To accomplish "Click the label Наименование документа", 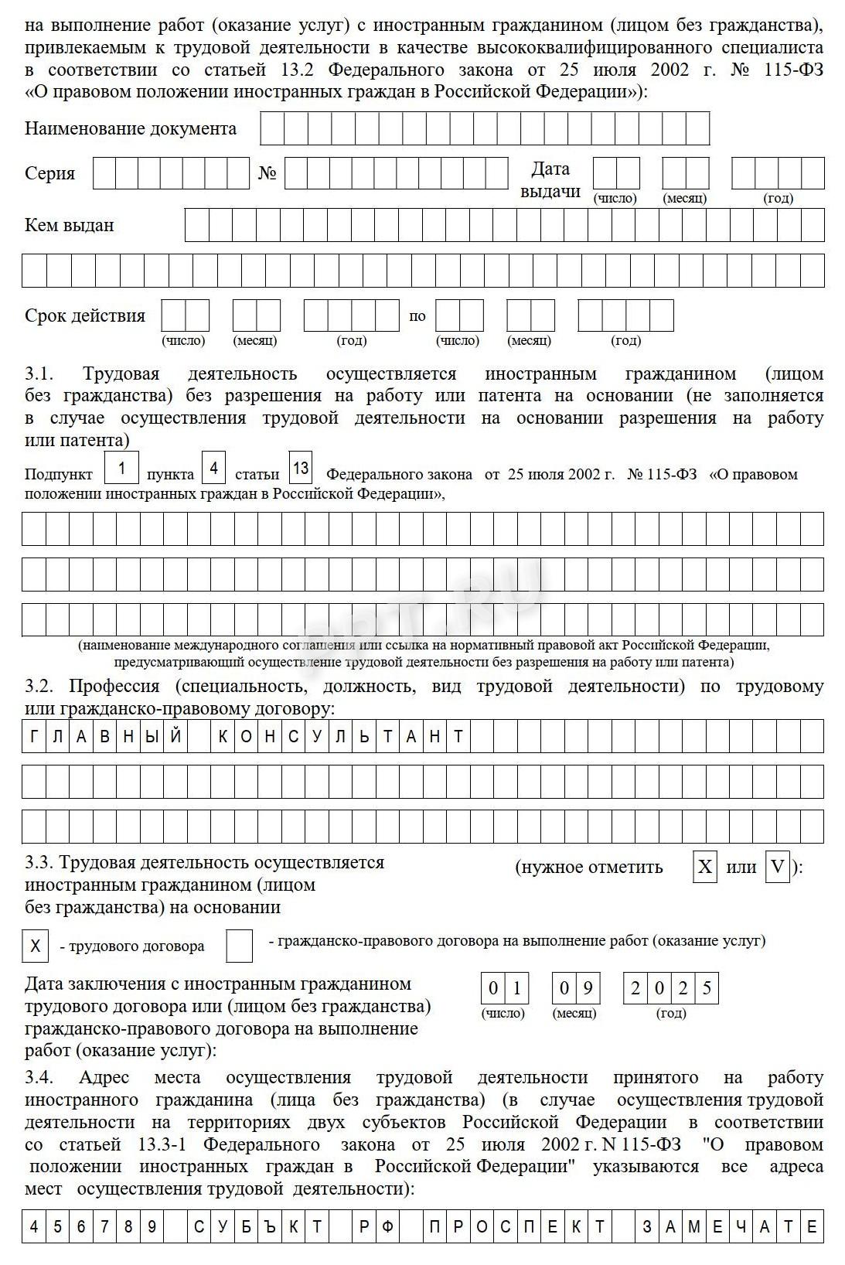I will click(130, 128).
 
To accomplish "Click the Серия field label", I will click(49, 173).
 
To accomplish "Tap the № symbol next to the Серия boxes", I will click(267, 173).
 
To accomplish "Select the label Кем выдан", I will click(69, 225).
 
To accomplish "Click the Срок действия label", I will click(84, 315).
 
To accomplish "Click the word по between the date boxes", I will click(417, 316).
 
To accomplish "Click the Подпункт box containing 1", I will click(121, 469).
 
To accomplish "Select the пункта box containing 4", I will click(213, 469).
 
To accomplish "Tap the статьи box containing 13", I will click(301, 468).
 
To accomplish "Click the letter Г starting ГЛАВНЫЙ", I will click(34, 737).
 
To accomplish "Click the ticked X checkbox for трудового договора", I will click(35, 946).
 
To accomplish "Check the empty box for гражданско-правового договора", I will click(239, 946).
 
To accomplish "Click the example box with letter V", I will click(777, 867).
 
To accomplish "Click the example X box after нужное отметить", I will click(705, 867).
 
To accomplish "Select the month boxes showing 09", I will click(576, 988).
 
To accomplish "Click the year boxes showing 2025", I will click(670, 988).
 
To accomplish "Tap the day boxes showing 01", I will click(505, 988).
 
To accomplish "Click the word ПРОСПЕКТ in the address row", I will click(517, 1227).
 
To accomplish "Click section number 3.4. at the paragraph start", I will click(39, 1078).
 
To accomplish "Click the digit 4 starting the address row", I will click(34, 1227).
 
